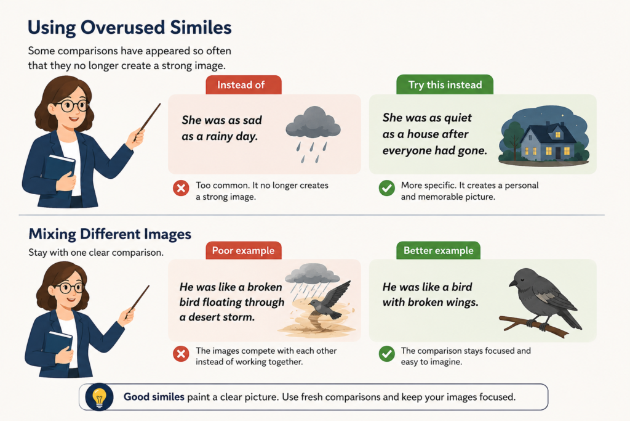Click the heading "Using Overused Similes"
click(129, 28)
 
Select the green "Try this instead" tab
click(445, 84)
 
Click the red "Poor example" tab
click(244, 250)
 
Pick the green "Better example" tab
click(438, 250)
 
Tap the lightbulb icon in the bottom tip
click(99, 397)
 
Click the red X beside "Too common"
click(181, 188)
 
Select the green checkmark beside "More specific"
click(387, 188)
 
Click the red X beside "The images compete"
click(181, 354)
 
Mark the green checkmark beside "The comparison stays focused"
click(387, 354)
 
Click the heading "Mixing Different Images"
click(110, 234)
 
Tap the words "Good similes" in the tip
click(154, 397)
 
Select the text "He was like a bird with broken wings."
click(430, 295)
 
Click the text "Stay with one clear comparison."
click(96, 252)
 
